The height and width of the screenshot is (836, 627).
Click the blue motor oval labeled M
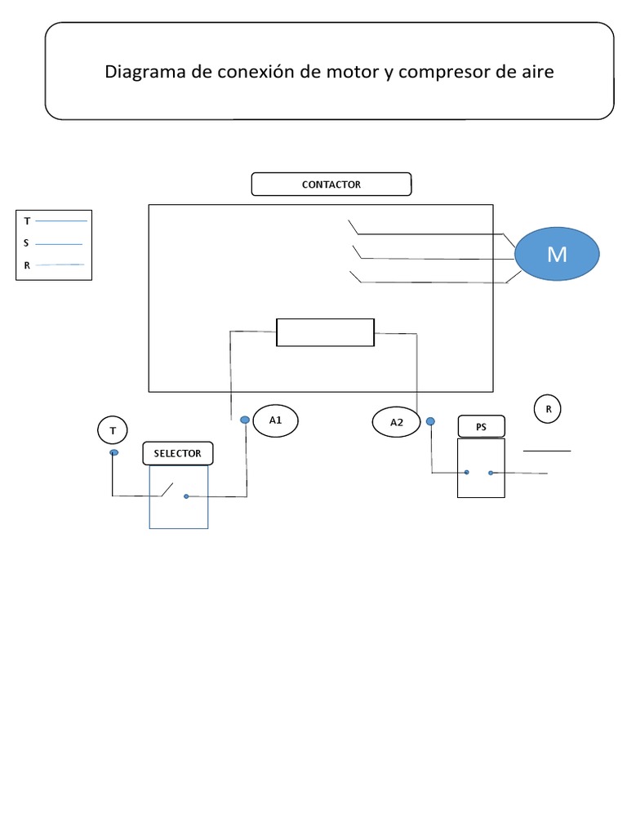[557, 254]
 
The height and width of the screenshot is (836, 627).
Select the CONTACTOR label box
[331, 185]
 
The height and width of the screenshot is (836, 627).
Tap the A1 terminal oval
[275, 420]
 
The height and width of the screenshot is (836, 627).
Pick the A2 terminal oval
[397, 422]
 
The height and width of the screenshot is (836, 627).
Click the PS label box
[481, 426]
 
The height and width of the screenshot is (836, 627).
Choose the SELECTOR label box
[177, 453]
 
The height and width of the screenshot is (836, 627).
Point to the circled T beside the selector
[113, 429]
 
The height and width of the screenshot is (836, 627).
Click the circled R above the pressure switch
[548, 410]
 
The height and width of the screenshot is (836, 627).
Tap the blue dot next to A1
[245, 420]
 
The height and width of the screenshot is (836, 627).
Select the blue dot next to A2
[431, 421]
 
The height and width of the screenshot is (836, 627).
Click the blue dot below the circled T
[113, 452]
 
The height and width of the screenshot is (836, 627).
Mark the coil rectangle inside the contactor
[325, 332]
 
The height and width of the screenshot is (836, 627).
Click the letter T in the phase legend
[27, 221]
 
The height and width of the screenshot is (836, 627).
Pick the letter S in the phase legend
[27, 243]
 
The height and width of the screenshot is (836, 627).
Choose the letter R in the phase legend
[27, 265]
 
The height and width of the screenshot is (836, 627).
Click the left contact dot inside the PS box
[466, 473]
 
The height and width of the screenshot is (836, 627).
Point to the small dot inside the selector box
[186, 496]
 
